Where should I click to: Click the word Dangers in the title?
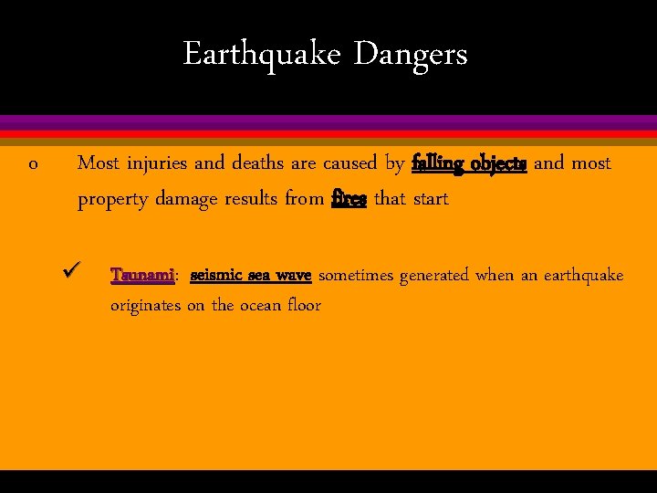411,55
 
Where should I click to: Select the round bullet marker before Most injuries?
33,165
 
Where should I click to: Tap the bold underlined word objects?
499,164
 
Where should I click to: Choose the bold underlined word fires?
349,199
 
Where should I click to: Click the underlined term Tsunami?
141,275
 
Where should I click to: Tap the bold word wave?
294,275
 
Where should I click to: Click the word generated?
433,276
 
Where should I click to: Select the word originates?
145,306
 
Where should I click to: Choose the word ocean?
265,306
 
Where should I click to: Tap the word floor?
304,306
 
